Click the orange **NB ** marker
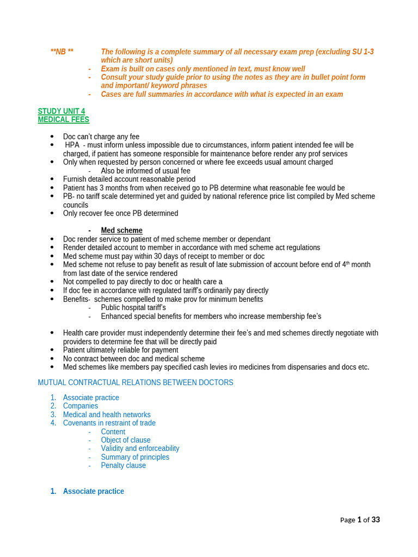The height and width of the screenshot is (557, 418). [x=62, y=52]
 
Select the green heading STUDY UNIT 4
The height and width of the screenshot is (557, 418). [x=62, y=111]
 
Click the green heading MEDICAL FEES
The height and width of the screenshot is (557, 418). [x=63, y=119]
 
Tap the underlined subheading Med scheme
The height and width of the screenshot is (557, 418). [x=121, y=231]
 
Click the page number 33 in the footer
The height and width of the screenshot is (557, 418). [x=375, y=519]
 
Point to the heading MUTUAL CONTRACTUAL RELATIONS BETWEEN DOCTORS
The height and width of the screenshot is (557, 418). [x=136, y=382]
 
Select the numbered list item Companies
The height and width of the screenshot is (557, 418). [x=81, y=406]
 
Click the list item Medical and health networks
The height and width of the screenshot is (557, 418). [x=107, y=414]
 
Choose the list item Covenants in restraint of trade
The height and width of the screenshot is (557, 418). [x=109, y=423]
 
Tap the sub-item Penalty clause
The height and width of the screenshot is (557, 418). [x=123, y=466]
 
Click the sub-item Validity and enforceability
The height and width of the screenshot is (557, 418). [x=140, y=448]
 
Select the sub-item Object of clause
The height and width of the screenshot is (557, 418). [x=126, y=440]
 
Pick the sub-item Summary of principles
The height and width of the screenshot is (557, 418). [x=135, y=457]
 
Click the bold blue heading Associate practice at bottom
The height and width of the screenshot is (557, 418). [x=93, y=491]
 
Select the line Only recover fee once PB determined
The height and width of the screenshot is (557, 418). [x=120, y=213]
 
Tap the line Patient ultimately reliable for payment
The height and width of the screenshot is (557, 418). [x=120, y=350]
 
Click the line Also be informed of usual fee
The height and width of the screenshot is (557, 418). [x=145, y=170]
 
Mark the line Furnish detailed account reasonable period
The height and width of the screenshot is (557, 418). [x=129, y=179]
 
